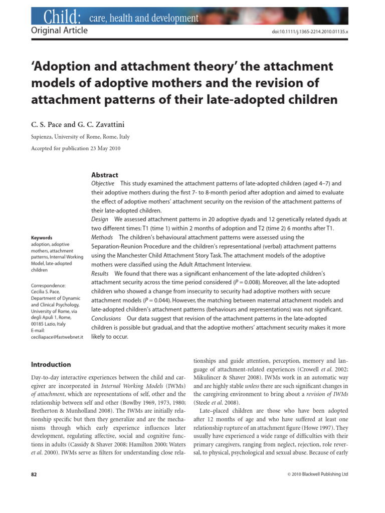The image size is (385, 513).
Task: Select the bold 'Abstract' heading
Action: [105, 175]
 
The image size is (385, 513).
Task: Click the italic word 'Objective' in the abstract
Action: [103, 183]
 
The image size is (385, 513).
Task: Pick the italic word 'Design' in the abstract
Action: [100, 219]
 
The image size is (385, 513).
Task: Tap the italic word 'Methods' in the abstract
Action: [102, 237]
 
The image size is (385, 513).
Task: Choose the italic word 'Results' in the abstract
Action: [100, 274]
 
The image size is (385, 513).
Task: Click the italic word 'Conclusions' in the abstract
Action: [106, 319]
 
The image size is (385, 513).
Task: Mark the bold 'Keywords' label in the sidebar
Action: [42, 237]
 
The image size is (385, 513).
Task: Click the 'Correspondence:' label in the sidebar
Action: [49, 286]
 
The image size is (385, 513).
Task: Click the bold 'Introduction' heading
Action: [51, 365]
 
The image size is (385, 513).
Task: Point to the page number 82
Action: [34, 474]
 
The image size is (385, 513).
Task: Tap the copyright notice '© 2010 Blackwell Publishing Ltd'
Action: [317, 474]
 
